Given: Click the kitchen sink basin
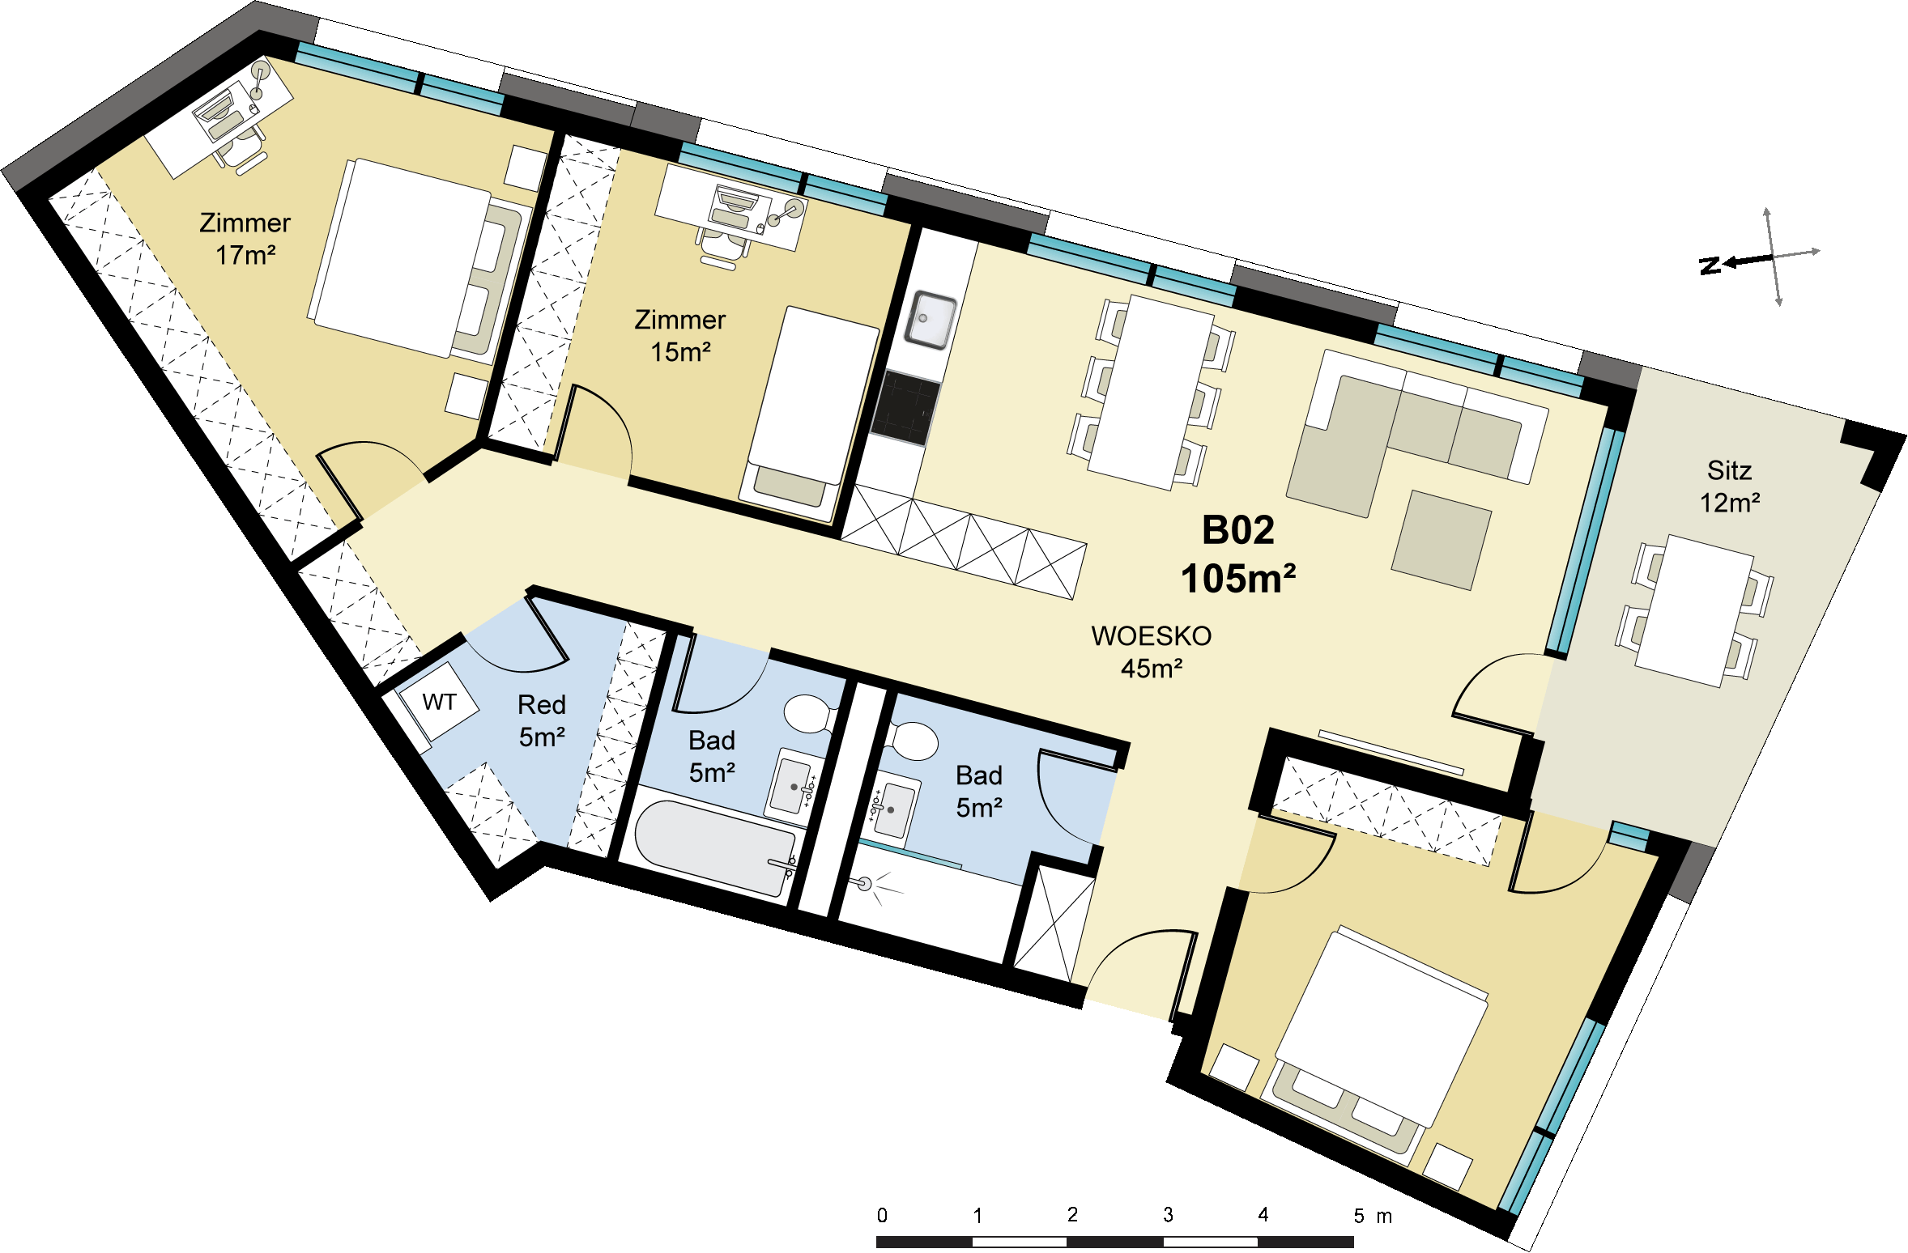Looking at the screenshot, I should [930, 321].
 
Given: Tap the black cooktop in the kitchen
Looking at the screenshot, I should [906, 408].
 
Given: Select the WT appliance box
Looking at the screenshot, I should [440, 702].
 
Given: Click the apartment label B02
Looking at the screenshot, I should [1237, 531].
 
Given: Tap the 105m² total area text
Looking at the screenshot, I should [1237, 579].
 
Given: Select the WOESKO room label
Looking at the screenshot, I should [1151, 636].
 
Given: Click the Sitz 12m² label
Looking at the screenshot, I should [1729, 486].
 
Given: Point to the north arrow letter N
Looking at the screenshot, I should [1710, 265].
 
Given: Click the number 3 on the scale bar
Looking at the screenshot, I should [1168, 1215].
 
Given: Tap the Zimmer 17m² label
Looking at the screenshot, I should [245, 239].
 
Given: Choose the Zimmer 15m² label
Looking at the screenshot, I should [679, 336].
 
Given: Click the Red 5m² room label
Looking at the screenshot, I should [542, 720].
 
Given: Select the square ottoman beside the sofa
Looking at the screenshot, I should [1442, 539].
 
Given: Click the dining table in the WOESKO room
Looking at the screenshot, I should [1151, 393].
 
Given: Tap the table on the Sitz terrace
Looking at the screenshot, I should [1694, 610].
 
